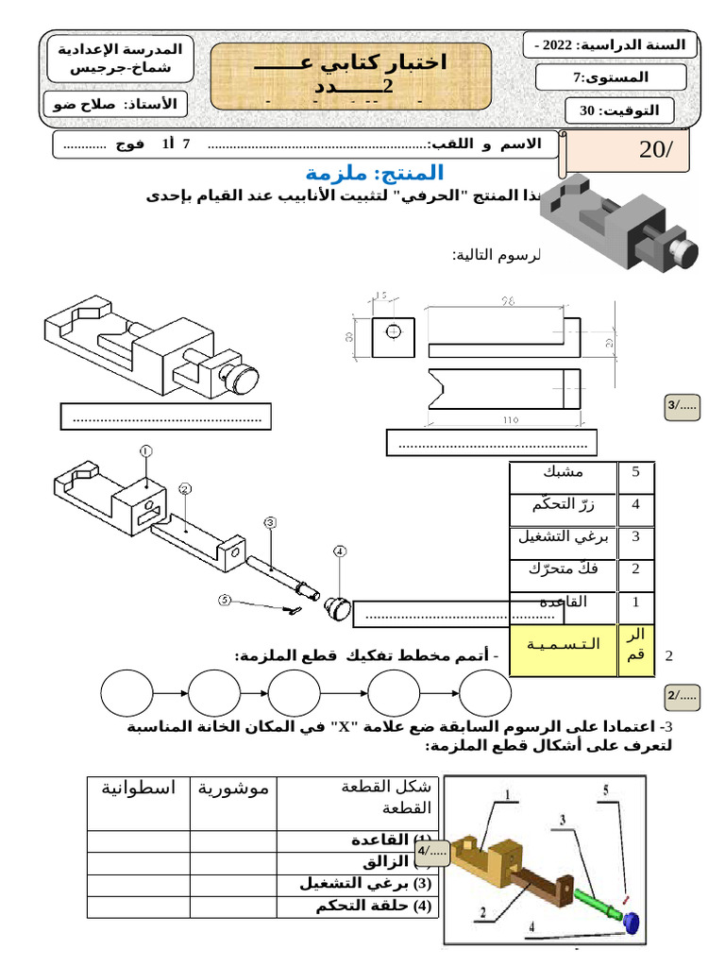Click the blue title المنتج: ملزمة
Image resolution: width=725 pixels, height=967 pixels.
pyautogui.click(x=375, y=173)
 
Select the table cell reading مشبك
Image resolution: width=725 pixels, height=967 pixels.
pyautogui.click(x=564, y=471)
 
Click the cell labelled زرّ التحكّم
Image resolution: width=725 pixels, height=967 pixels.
pyautogui.click(x=564, y=504)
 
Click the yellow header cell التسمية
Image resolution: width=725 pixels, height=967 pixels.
pyautogui.click(x=564, y=644)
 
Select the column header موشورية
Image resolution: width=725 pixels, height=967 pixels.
pyautogui.click(x=232, y=788)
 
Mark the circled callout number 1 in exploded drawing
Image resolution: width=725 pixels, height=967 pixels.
pyautogui.click(x=145, y=451)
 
